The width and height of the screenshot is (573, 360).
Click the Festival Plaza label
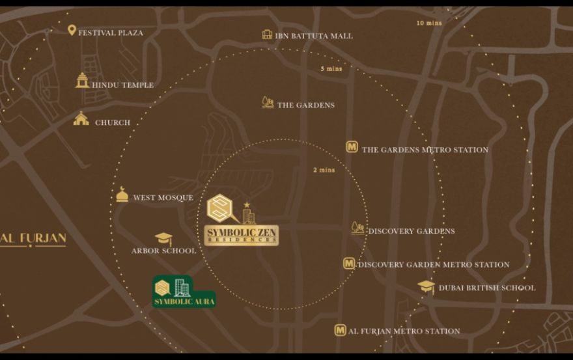[111, 33]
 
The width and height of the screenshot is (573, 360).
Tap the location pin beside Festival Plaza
[72, 30]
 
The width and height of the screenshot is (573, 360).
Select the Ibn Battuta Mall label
[314, 36]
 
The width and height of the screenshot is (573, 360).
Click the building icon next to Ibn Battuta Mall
[267, 35]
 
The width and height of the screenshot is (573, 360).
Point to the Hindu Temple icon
[82, 81]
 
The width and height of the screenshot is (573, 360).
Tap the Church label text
[113, 122]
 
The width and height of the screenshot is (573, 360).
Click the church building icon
[81, 119]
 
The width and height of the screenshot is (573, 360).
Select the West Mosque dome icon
[122, 195]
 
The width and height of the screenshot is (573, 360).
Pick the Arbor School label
[163, 251]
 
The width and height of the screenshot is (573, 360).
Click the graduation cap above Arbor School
[163, 239]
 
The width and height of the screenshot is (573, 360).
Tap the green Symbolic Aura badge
[183, 292]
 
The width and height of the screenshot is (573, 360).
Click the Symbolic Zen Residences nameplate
[241, 235]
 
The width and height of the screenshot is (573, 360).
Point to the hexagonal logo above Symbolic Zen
[219, 208]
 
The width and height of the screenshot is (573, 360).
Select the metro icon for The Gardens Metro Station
[352, 147]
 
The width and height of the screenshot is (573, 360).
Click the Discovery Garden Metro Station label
[434, 265]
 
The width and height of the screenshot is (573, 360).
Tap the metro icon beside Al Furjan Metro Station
[340, 330]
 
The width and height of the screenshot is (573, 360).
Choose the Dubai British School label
[487, 288]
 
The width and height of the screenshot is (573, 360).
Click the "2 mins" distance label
[324, 170]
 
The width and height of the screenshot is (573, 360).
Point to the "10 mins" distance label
[429, 23]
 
